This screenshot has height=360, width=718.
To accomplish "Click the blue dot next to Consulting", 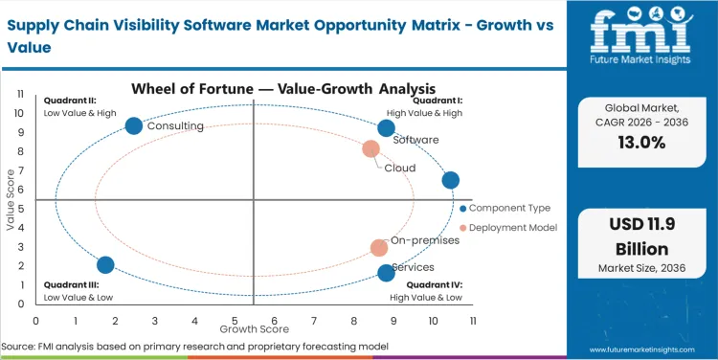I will (x=134, y=125).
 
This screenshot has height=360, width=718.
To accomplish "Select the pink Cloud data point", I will (x=371, y=148).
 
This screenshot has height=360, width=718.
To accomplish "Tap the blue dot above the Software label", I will (x=386, y=128).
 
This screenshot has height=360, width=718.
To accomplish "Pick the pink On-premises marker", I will (x=379, y=248).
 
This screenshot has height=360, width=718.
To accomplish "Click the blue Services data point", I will (x=386, y=273).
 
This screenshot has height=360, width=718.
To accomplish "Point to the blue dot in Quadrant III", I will (x=105, y=265).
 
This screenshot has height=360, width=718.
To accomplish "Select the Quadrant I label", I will (x=438, y=101).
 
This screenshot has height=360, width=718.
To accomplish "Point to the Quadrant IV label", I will (x=434, y=284).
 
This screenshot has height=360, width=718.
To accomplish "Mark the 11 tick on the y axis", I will (x=20, y=94).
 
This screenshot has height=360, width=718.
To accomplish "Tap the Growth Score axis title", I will (x=255, y=328).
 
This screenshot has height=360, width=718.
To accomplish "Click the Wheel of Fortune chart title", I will (x=253, y=89).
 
